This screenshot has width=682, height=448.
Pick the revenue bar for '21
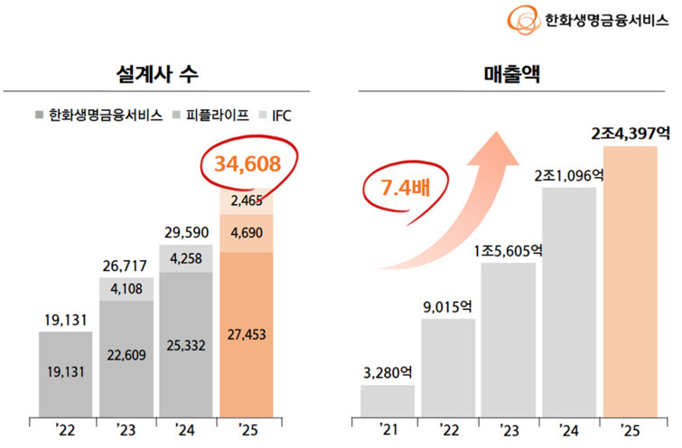tap(388, 400)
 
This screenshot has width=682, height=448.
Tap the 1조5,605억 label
tap(507, 251)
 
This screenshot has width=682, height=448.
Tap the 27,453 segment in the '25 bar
tap(247, 335)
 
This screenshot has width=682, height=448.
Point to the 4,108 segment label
tap(126, 289)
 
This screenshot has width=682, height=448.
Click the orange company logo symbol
tap(524, 18)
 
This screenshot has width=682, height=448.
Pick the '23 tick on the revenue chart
tap(508, 429)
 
